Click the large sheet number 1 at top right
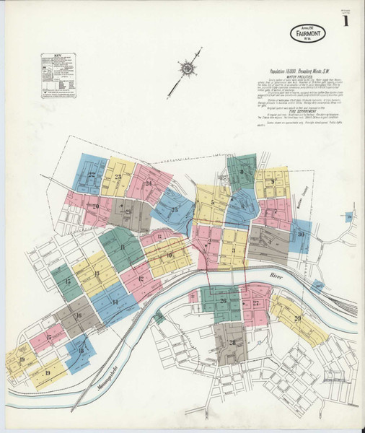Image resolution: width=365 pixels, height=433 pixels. coord(348,21)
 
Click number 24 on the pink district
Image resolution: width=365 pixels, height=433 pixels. coord(148,183)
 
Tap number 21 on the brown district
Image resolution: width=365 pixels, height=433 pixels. coord(127,212)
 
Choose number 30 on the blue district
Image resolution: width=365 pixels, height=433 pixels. coord(300,235)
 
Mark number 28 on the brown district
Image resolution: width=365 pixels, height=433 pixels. coord(232,342)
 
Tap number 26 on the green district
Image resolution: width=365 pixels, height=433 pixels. coord(223,300)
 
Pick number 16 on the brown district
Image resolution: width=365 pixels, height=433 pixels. coord(77,315)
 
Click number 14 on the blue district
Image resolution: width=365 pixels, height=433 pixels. coord(114,302)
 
